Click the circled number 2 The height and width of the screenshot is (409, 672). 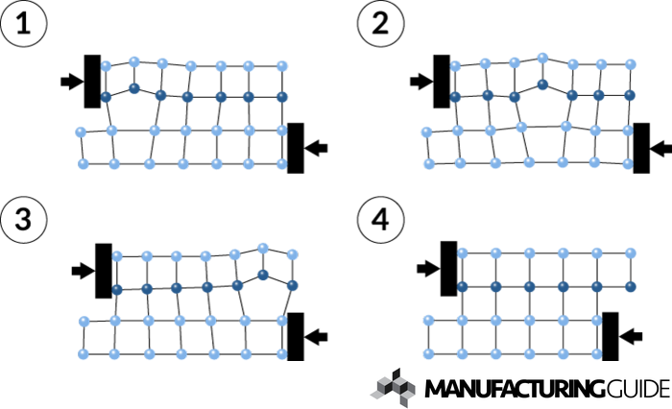pos(375,21)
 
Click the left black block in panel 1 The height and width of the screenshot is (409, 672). pos(93,81)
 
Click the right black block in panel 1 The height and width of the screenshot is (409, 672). pos(297,148)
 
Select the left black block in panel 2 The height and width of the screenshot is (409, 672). pos(443,81)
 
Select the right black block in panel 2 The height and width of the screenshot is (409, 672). pos(641,148)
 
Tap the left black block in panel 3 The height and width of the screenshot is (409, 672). pos(105,271)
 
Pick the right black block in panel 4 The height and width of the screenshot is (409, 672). pos(610,335)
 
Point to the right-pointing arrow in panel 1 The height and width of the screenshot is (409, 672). pos(70,82)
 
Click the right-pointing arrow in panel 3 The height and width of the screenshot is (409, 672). pos(82,272)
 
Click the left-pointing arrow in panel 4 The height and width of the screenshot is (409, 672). pos(630,335)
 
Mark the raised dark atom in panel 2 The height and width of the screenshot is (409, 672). pos(542,84)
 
